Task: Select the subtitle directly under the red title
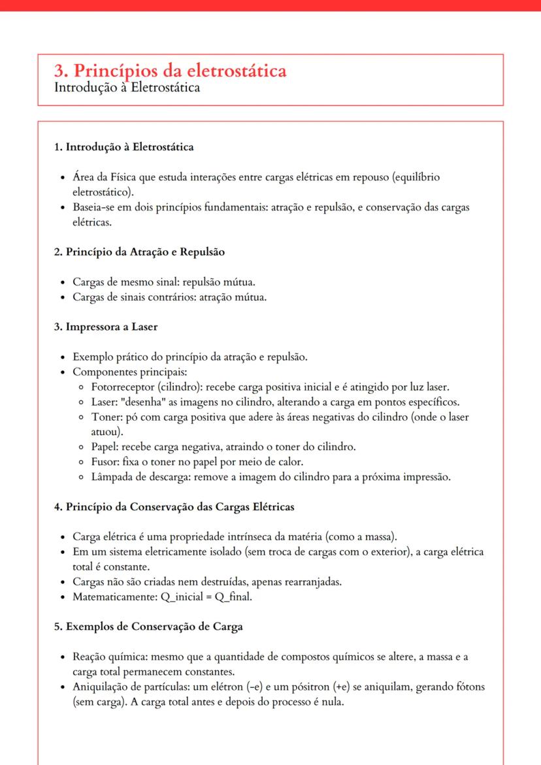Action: [x=127, y=87]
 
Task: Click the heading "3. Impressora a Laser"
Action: [x=105, y=327]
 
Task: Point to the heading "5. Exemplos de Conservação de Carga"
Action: [x=148, y=627]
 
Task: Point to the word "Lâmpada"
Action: [x=107, y=477]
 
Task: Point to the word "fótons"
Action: [x=470, y=687]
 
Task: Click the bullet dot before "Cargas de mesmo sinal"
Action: [x=61, y=282]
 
